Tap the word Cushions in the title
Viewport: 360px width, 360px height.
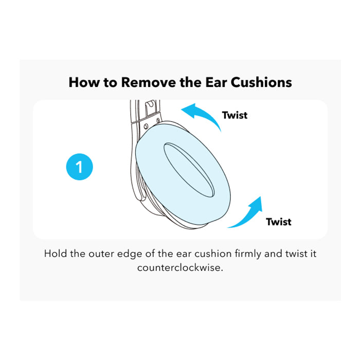tap(261, 82)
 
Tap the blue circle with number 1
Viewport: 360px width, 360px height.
tap(79, 167)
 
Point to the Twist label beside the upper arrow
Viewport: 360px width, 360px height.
tap(235, 115)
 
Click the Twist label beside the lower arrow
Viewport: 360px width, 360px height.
tap(279, 222)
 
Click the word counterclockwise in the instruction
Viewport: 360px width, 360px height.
tap(180, 268)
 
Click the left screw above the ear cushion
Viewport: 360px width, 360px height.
tap(146, 127)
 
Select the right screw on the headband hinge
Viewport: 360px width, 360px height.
tap(158, 120)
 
